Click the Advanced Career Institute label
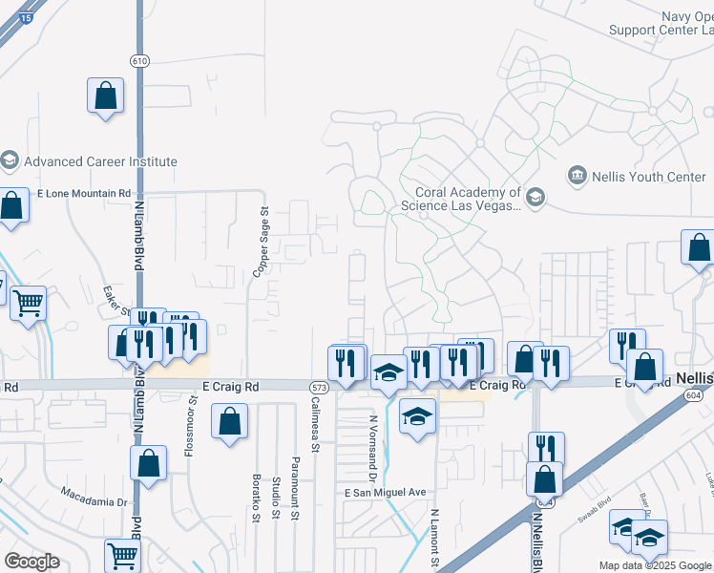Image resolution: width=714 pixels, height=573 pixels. pyautogui.click(x=100, y=161)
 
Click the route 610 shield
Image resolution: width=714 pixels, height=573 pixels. pyautogui.click(x=140, y=60)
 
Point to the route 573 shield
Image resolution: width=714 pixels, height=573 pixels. pyautogui.click(x=319, y=387)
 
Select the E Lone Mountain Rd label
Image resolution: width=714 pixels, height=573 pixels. pyautogui.click(x=84, y=193)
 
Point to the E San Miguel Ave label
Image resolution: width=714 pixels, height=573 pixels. pyautogui.click(x=386, y=492)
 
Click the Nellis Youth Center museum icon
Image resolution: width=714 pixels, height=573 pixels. pyautogui.click(x=577, y=176)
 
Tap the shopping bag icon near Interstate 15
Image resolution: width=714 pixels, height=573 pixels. pyautogui.click(x=105, y=95)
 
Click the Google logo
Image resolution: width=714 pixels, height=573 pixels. pyautogui.click(x=31, y=562)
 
